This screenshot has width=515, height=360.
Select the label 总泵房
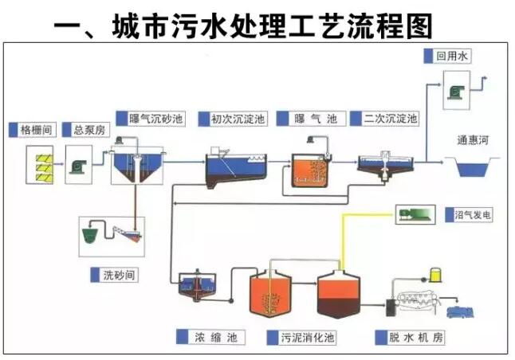point(85,129)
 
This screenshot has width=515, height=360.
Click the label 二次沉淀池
point(390,119)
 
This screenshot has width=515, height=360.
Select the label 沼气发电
point(471,214)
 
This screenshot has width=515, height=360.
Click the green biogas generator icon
point(415,213)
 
